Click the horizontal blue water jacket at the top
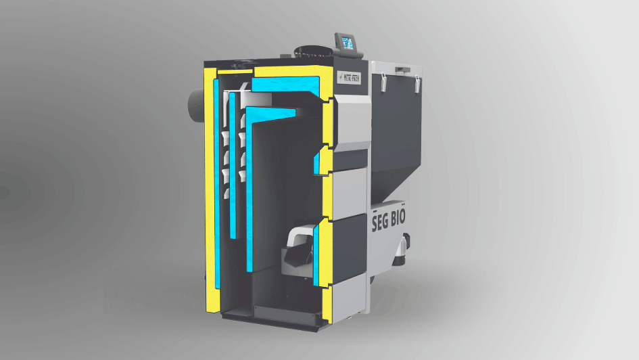pyautogui.click(x=284, y=85)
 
